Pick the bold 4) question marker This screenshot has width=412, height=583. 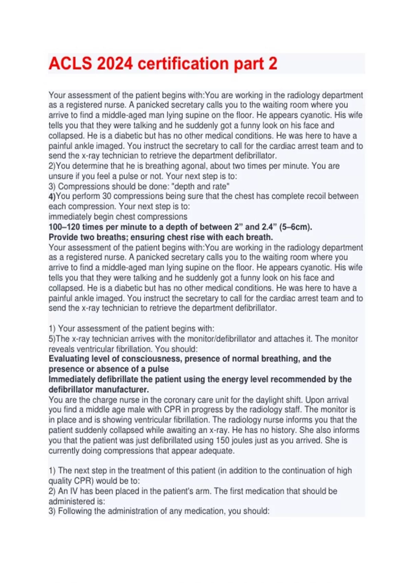click(52, 197)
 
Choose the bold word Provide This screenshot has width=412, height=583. click(63, 237)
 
